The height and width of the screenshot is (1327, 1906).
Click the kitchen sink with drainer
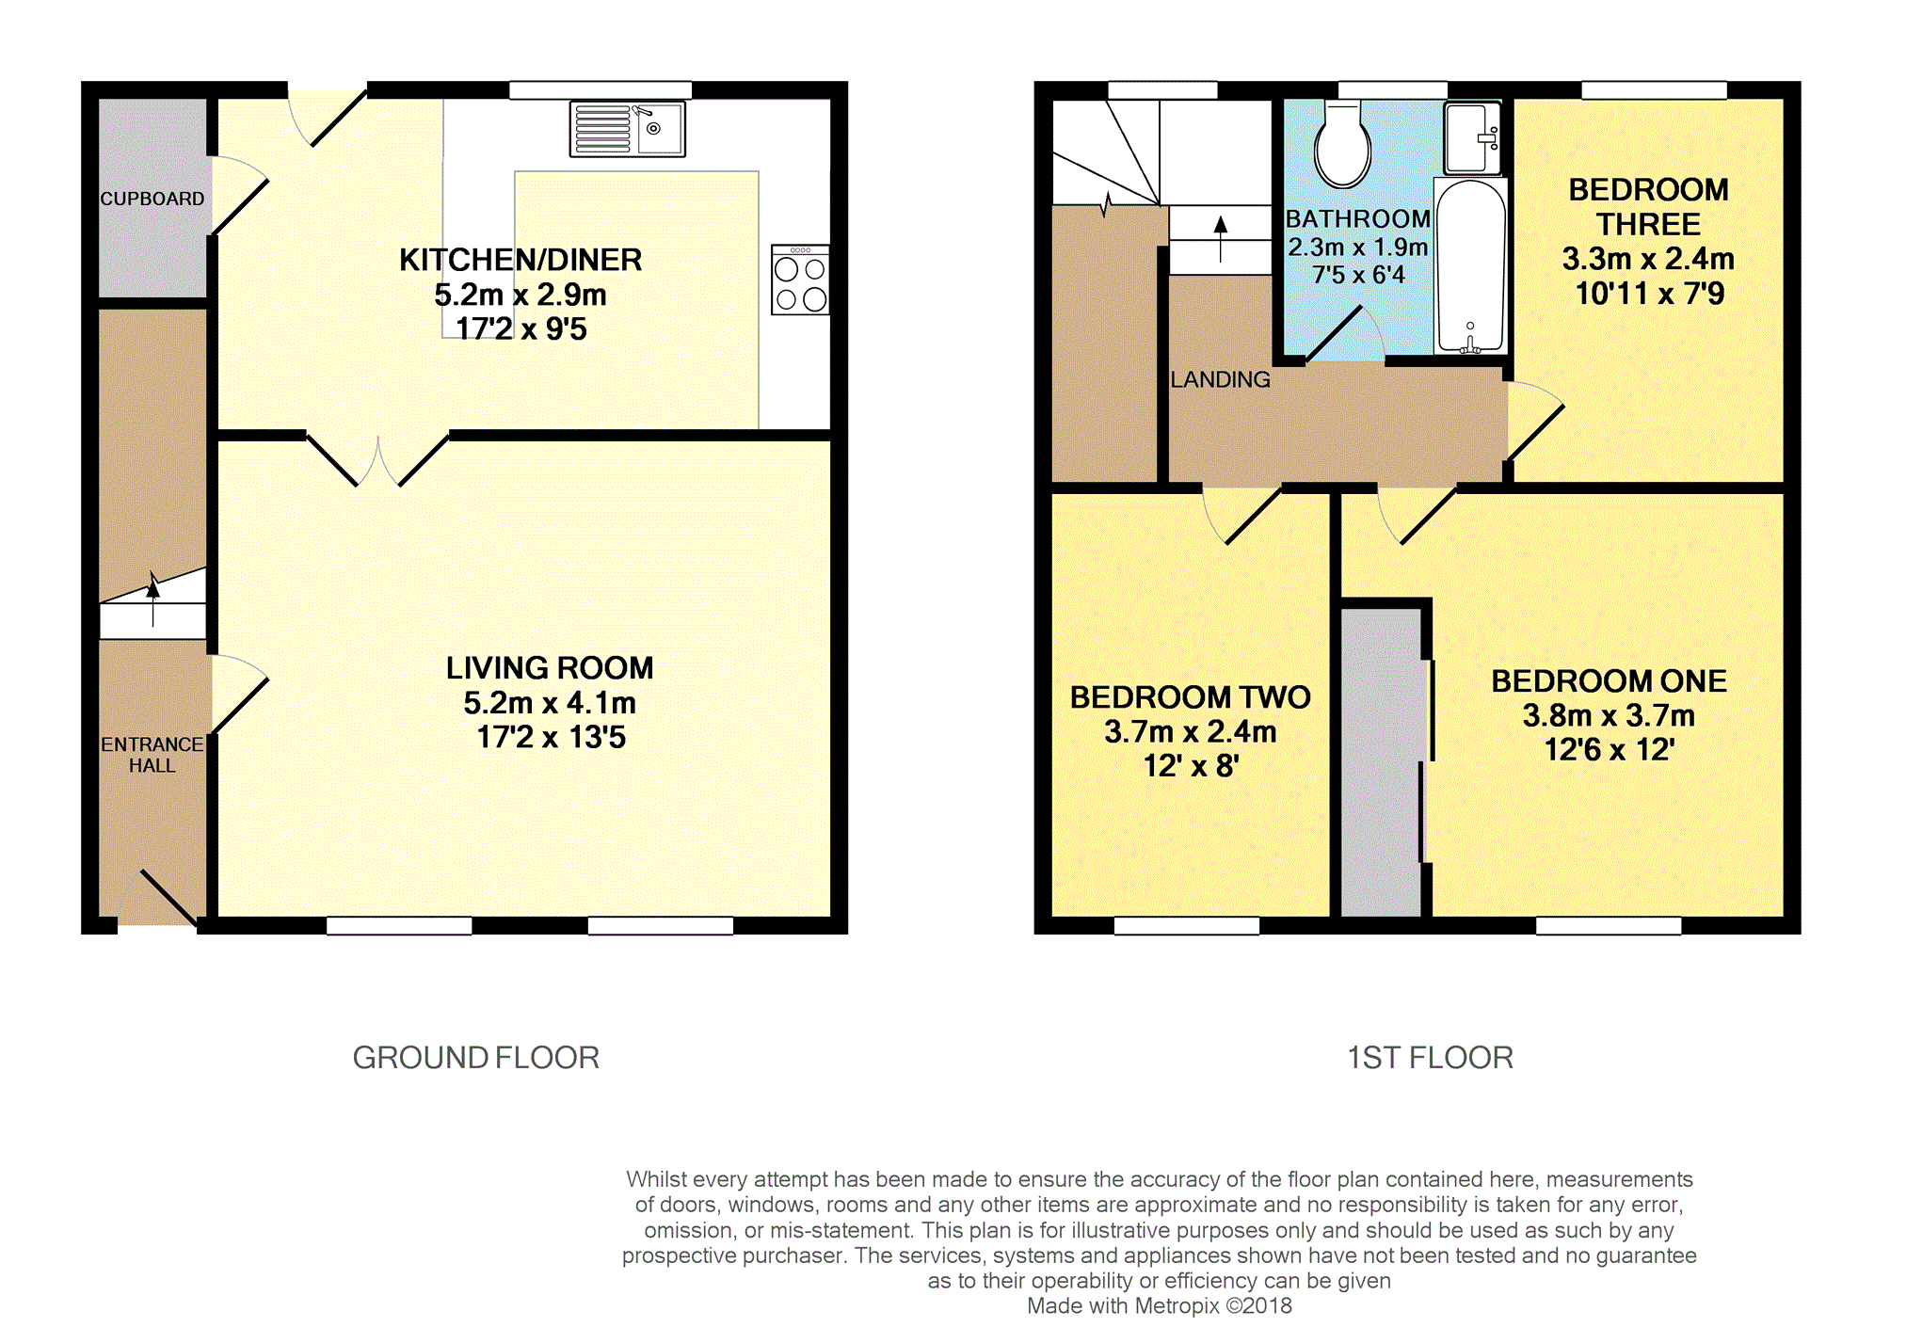[x=627, y=129]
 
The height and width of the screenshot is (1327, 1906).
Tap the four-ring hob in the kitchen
[x=800, y=280]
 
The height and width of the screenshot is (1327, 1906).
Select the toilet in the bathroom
[x=1342, y=145]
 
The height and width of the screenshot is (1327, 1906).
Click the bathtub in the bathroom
[x=1470, y=265]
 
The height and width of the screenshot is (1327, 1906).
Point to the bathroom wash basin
[x=1472, y=138]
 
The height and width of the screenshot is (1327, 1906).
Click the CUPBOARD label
[x=152, y=199]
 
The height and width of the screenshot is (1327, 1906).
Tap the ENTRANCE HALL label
[x=152, y=755]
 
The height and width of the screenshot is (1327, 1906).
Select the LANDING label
[x=1220, y=379]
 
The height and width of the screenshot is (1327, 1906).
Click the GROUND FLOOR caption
[x=475, y=1058]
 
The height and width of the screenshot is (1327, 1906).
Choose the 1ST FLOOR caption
[x=1430, y=1058]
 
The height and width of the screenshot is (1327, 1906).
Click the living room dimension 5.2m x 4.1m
[x=550, y=703]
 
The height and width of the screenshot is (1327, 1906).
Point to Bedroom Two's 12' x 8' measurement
[x=1191, y=766]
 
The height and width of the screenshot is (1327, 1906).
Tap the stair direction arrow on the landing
[x=1221, y=239]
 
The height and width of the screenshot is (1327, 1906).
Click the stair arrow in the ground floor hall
[x=153, y=599]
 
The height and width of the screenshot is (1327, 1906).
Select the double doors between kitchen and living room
[x=378, y=460]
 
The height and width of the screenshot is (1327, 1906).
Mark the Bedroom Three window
[x=1654, y=90]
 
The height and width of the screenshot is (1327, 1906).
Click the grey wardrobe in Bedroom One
[x=1381, y=762]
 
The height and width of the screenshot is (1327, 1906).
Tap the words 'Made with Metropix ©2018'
[x=1159, y=1306]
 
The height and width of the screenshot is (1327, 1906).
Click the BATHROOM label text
[x=1357, y=219]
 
